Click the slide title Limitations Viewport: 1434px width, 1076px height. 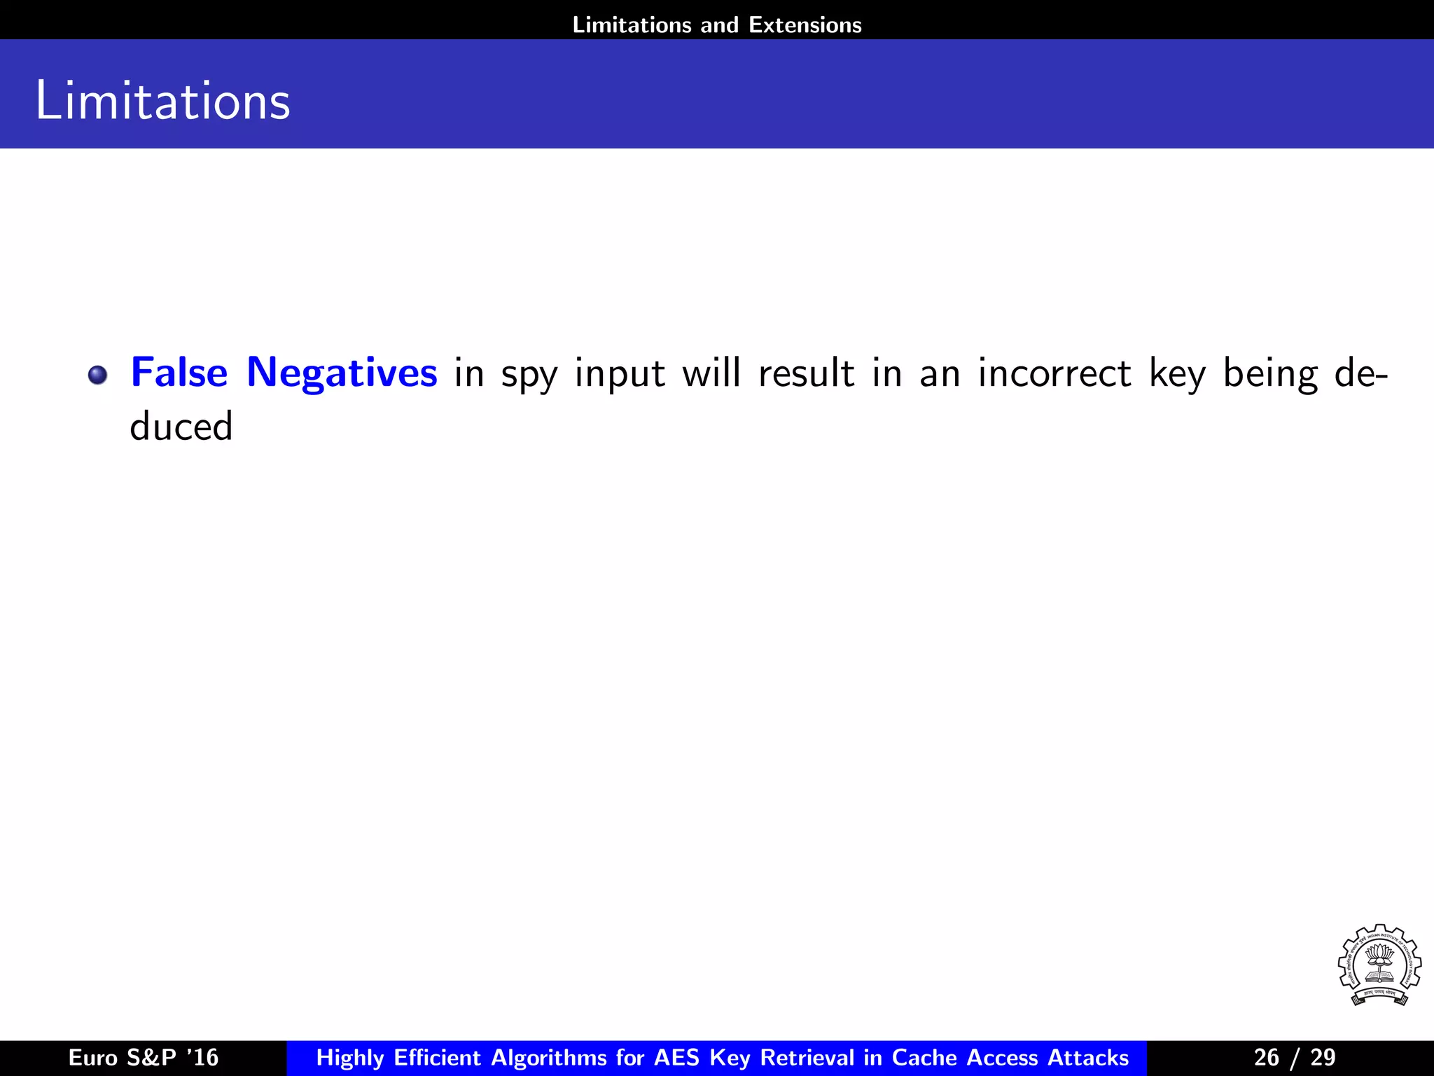coord(162,101)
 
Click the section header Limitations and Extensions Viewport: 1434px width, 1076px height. coord(717,25)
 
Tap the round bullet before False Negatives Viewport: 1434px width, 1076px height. coord(97,375)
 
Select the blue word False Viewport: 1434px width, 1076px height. coord(179,372)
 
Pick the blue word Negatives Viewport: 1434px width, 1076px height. coord(342,373)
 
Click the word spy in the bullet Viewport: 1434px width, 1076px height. coord(529,375)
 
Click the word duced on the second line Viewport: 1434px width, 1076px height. coord(181,427)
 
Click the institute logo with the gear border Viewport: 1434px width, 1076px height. coord(1379,965)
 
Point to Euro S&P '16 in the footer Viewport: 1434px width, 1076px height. coord(144,1057)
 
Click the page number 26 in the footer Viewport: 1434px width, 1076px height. coord(1266,1057)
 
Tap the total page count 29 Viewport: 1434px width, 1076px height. coord(1323,1057)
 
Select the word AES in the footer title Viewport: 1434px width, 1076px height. coord(677,1057)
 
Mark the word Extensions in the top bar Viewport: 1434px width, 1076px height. coord(805,25)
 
